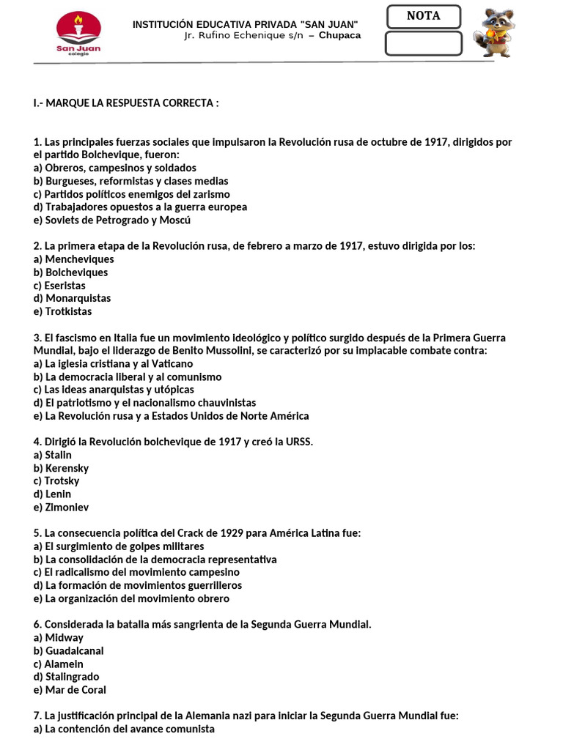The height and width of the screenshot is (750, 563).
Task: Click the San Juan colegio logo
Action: [x=78, y=35]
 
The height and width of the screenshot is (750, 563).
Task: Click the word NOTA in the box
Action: [x=424, y=16]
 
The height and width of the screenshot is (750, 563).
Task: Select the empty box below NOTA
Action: [x=424, y=43]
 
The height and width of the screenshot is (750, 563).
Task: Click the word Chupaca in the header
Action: [x=339, y=35]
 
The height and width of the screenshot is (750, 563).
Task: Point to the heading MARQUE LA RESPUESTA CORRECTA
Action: [x=126, y=103]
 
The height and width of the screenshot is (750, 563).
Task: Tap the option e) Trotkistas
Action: [x=63, y=311]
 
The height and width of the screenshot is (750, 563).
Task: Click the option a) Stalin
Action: [x=53, y=455]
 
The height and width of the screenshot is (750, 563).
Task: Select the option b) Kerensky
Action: [x=61, y=468]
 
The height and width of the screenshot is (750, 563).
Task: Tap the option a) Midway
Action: [x=59, y=637]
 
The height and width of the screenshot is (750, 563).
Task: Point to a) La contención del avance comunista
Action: [x=124, y=729]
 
